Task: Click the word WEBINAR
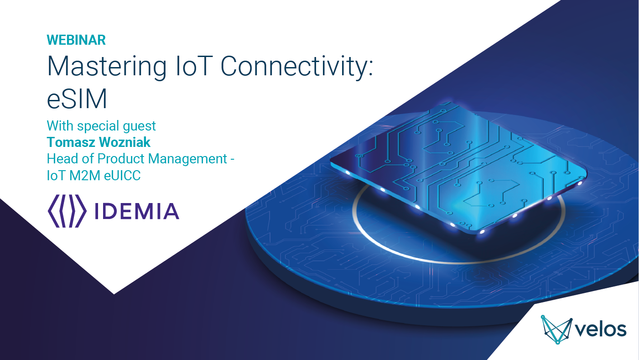(76, 40)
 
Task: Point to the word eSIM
(77, 99)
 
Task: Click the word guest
(137, 125)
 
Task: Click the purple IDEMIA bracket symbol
(67, 211)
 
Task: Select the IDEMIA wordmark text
(136, 211)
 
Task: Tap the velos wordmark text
(602, 329)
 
